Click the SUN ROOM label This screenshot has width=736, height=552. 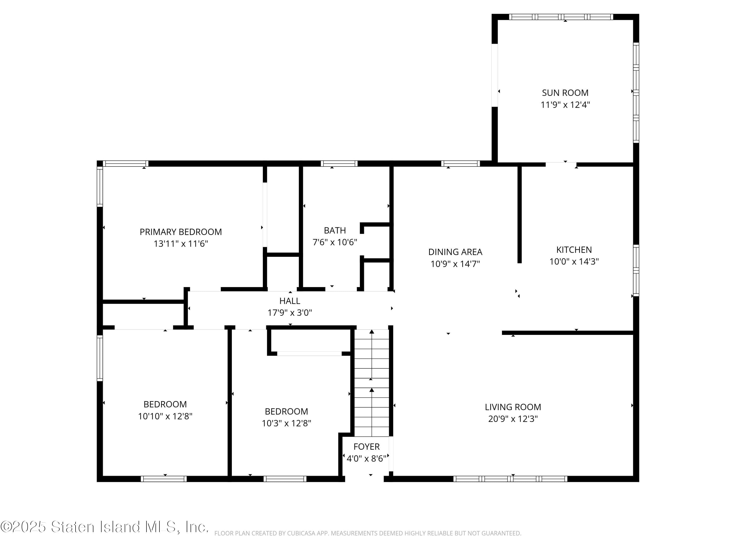565,93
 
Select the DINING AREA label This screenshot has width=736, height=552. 455,252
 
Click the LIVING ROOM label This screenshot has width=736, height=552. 513,407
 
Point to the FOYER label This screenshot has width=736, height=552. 366,447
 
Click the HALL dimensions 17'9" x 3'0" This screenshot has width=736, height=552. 289,313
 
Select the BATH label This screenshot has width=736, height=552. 335,230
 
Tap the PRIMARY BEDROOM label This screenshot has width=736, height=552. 181,232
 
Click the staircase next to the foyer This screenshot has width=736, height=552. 371,383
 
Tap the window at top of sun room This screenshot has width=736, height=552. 561,17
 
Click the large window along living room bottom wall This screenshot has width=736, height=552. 510,479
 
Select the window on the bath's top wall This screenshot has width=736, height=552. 339,164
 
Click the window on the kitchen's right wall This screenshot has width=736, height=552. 636,270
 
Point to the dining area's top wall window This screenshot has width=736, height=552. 460,164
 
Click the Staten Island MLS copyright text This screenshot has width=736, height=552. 105,527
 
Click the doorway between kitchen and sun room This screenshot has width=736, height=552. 561,164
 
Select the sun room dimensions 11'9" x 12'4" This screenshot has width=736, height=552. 565,105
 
